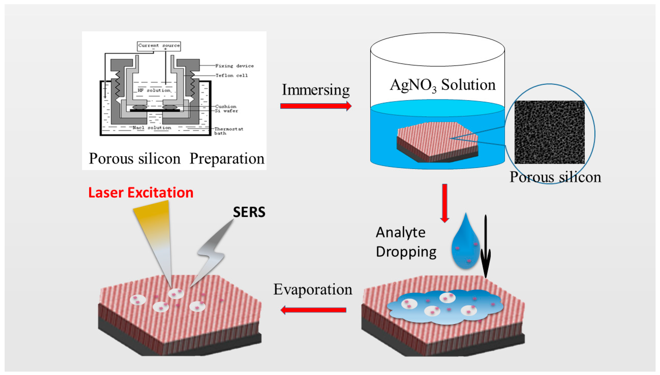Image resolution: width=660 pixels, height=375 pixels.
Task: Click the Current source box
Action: pos(159,46)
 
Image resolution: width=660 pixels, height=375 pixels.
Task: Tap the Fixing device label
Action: pos(234,66)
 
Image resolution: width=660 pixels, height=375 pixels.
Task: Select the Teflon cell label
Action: pos(231,75)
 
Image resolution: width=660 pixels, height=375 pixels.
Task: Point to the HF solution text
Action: pos(154,90)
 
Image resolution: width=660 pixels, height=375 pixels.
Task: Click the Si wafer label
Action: pos(226,111)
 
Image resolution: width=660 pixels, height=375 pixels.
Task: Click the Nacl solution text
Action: pos(152,128)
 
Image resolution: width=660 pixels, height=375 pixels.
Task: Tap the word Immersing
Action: pos(316,90)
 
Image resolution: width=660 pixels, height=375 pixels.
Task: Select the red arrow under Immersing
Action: pos(316,106)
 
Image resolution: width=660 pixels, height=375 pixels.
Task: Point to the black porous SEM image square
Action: pos(550,132)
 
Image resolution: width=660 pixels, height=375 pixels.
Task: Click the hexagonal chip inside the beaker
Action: pos(437,142)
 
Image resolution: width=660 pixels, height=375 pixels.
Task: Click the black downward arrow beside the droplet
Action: pos(486,247)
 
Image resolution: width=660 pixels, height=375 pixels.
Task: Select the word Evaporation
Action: pos(313,289)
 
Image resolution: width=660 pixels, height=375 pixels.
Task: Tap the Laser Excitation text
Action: pos(141,193)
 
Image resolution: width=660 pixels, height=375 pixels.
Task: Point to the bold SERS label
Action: pos(249,212)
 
